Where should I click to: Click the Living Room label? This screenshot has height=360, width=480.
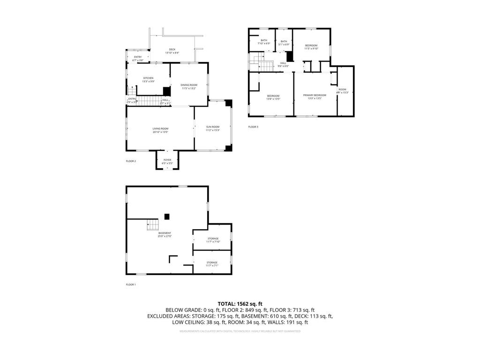[160, 130]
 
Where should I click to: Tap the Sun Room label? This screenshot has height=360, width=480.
[213, 128]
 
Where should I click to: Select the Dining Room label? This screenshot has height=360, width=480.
[189, 87]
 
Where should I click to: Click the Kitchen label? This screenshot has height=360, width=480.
[148, 80]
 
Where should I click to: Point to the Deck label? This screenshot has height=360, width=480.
[172, 51]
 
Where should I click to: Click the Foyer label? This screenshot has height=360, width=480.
[167, 162]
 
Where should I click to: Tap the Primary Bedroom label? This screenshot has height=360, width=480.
[314, 97]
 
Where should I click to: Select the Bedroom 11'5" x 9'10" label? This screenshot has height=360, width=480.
[311, 47]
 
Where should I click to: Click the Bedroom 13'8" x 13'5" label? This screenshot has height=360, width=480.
[273, 97]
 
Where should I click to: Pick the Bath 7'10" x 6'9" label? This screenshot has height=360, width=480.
[264, 42]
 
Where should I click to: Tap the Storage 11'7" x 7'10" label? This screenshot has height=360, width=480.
[213, 240]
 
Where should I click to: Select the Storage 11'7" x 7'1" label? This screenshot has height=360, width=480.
[212, 264]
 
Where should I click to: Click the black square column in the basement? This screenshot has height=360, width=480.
[167, 216]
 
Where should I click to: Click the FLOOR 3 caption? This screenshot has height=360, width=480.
[253, 127]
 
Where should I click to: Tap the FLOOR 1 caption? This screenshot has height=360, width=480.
[131, 285]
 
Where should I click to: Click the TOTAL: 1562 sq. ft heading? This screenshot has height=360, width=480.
[240, 303]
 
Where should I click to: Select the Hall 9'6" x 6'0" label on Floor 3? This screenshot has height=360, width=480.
[284, 65]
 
